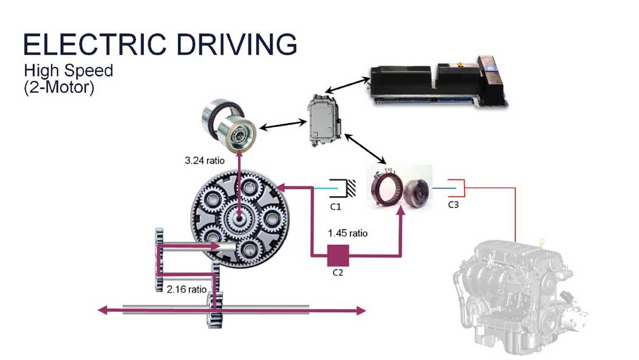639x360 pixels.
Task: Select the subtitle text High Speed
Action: pyautogui.click(x=69, y=71)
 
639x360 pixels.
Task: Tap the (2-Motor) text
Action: pyautogui.click(x=59, y=87)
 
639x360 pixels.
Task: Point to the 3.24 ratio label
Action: pyautogui.click(x=205, y=160)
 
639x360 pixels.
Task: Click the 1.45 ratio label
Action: pyautogui.click(x=347, y=233)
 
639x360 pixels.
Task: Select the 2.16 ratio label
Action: pyautogui.click(x=186, y=289)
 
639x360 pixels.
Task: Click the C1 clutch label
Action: pyautogui.click(x=335, y=207)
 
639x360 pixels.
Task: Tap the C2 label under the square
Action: pyautogui.click(x=338, y=273)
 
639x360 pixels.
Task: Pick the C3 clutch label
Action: pyautogui.click(x=453, y=205)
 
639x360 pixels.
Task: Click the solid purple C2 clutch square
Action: pyautogui.click(x=338, y=256)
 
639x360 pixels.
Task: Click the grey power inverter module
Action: pyautogui.click(x=324, y=121)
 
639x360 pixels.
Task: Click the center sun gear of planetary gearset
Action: pyautogui.click(x=239, y=219)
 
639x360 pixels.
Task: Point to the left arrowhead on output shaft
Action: pyautogui.click(x=102, y=310)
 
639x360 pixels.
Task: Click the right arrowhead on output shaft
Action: pyautogui.click(x=361, y=311)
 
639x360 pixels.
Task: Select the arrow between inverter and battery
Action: pyautogui.click(x=347, y=86)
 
